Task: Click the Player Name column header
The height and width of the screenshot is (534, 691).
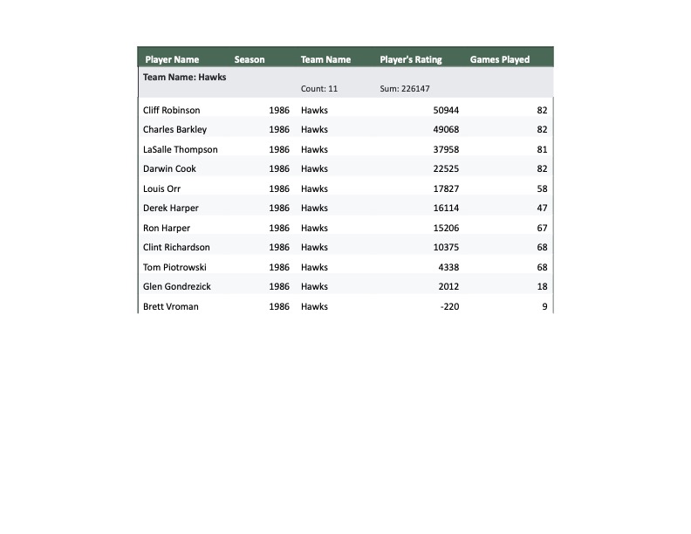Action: pos(172,59)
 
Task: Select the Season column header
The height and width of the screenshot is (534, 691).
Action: pos(250,59)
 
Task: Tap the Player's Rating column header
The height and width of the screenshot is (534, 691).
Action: pos(411,59)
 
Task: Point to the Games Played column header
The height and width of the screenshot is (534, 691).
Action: pos(500,59)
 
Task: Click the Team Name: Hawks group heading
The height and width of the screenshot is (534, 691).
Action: pos(185,77)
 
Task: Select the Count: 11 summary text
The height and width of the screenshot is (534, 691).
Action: pos(319,89)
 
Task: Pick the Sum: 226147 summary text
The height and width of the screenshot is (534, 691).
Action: pos(405,89)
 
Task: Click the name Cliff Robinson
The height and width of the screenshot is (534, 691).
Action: pos(171,110)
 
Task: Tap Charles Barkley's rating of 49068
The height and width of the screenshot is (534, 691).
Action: pos(446,129)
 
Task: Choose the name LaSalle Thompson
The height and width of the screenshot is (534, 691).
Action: pos(181,149)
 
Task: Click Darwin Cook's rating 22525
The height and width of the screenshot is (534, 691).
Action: pos(446,168)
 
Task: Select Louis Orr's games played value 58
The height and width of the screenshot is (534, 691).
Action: pos(542,188)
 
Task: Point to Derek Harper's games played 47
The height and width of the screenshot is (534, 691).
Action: pos(542,208)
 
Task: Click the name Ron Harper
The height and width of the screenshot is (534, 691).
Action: pos(166,228)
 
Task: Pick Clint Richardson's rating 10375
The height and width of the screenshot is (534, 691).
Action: pos(446,247)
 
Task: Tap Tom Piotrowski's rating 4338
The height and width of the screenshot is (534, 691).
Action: pos(448,267)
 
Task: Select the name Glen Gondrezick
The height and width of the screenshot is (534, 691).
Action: pos(177,286)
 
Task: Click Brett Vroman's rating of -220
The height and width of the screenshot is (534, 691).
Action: pos(450,306)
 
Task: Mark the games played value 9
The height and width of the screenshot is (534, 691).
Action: pos(544,306)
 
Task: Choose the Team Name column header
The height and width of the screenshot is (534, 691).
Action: pos(325,59)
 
